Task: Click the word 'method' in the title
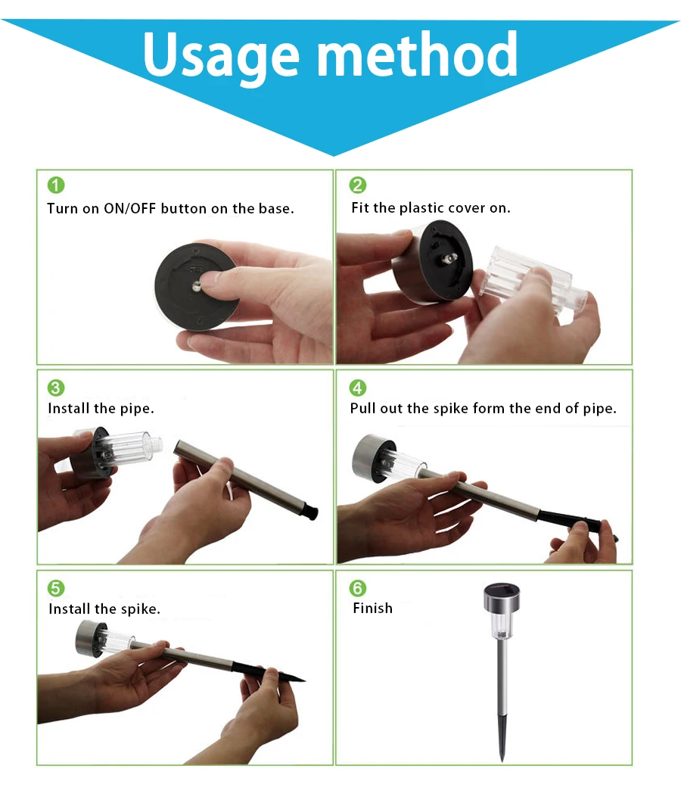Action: click(x=417, y=53)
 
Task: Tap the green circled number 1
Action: click(x=56, y=185)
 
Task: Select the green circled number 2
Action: click(x=357, y=185)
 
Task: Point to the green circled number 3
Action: click(x=56, y=388)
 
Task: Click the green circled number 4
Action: click(x=357, y=388)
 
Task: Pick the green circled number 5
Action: click(x=56, y=588)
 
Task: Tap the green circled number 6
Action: click(x=357, y=588)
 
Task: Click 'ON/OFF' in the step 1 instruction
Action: click(x=129, y=209)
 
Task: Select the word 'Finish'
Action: click(x=372, y=608)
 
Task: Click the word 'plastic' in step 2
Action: click(x=421, y=208)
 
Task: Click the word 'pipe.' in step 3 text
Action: click(x=137, y=409)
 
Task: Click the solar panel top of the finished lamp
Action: click(x=502, y=590)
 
